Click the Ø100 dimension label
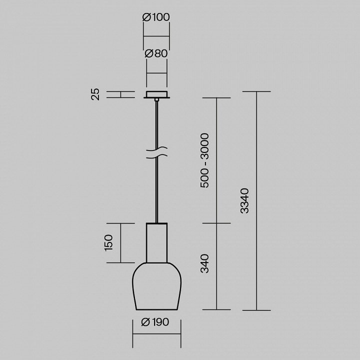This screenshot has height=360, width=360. pyautogui.click(x=156, y=17)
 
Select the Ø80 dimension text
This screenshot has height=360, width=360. pyautogui.click(x=156, y=53)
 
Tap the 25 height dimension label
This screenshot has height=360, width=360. pyautogui.click(x=95, y=94)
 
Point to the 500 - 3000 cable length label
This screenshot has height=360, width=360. pyautogui.click(x=204, y=160)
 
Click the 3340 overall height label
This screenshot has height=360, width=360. pyautogui.click(x=244, y=201)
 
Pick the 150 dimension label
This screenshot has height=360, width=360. pyautogui.click(x=108, y=242)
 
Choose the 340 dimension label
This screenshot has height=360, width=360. pyautogui.click(x=204, y=263)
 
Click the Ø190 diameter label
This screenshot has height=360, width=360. pyautogui.click(x=155, y=322)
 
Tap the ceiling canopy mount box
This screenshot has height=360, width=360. pyautogui.click(x=157, y=94)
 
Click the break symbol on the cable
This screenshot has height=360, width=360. pyautogui.click(x=157, y=152)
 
